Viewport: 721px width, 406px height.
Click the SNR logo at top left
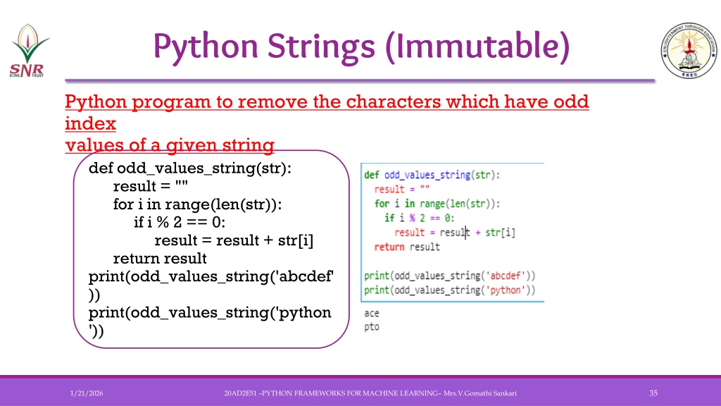[x=28, y=51]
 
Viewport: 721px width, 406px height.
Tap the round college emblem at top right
[x=689, y=50]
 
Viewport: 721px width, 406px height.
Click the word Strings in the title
[x=321, y=47]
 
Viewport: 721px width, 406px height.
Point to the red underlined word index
[x=90, y=123]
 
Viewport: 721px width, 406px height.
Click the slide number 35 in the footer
[x=653, y=393]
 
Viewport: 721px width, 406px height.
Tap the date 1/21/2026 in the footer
[x=87, y=393]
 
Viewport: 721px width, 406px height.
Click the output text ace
[x=372, y=314]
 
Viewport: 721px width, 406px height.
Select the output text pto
[x=372, y=327]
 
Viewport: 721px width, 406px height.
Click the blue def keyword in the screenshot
[x=372, y=175]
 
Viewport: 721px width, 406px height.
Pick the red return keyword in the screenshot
[x=389, y=247]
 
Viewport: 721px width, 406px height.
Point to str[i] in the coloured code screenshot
[x=501, y=233]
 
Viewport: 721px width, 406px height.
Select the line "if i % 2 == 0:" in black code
[x=180, y=222]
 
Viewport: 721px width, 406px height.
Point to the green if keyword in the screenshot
[x=389, y=218]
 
